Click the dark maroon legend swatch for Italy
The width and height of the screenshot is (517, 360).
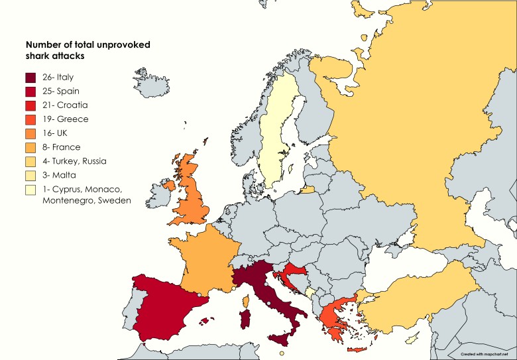pyautogui.click(x=30, y=78)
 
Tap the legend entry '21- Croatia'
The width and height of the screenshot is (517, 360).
pyautogui.click(x=64, y=105)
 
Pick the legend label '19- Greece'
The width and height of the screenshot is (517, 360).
pyautogui.click(x=64, y=119)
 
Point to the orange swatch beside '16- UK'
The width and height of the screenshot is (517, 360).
pyautogui.click(x=30, y=133)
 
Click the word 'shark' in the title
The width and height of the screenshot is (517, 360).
pyautogui.click(x=39, y=56)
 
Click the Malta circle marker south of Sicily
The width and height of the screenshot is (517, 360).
pyautogui.click(x=282, y=354)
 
